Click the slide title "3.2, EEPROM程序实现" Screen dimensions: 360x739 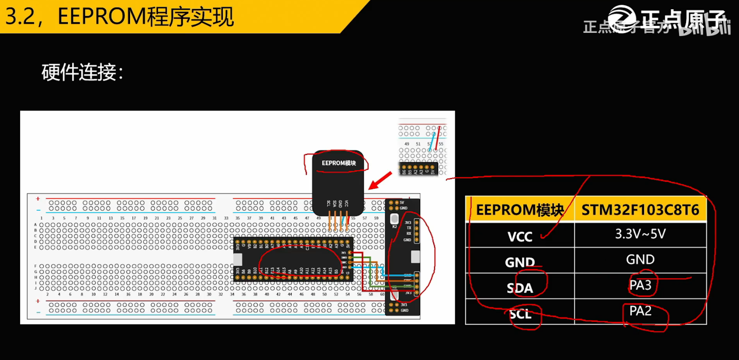coord(119,17)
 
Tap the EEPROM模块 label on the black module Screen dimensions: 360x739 coord(338,163)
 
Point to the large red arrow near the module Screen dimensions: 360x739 coord(380,180)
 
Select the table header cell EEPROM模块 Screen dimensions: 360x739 coord(520,210)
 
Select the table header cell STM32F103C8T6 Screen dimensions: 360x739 coord(640,210)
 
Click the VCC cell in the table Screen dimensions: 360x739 coord(520,237)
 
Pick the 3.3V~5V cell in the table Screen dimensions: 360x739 coord(640,234)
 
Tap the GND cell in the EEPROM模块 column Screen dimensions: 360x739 coord(520,262)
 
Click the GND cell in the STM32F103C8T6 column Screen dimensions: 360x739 coord(640,260)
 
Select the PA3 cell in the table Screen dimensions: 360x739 coord(640,286)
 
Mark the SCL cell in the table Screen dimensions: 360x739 coord(520,314)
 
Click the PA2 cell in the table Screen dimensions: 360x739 coord(640,311)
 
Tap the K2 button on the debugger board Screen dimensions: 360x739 coord(394,219)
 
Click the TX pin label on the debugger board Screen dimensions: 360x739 coord(409,228)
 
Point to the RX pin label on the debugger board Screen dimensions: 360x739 coord(409,234)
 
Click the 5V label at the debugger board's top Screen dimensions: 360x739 coord(402,203)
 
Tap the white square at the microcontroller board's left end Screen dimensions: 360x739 coord(238,259)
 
